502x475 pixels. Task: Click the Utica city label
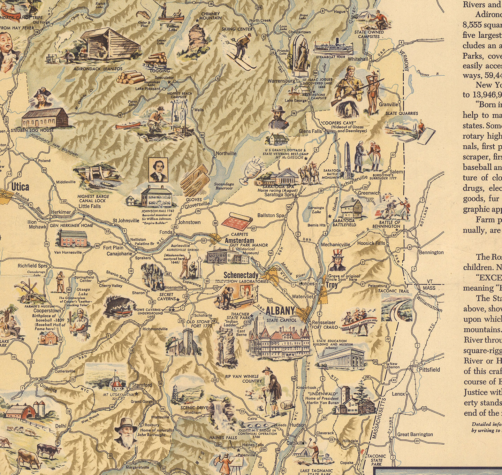20,187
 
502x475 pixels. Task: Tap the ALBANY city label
280,311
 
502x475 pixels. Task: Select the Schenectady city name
241,275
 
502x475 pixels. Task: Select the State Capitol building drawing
279,340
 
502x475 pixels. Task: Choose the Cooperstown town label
47,311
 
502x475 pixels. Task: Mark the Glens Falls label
310,131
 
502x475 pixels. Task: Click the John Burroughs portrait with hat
126,432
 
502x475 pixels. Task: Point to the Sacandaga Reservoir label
223,186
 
